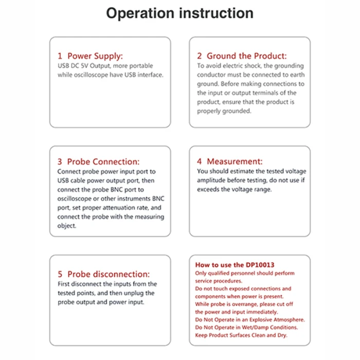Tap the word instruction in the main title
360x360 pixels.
coord(215,13)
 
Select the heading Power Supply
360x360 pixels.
coord(95,56)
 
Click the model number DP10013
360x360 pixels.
coord(261,265)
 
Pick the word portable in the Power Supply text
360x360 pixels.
coord(140,66)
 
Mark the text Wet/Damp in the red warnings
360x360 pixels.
coord(246,327)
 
